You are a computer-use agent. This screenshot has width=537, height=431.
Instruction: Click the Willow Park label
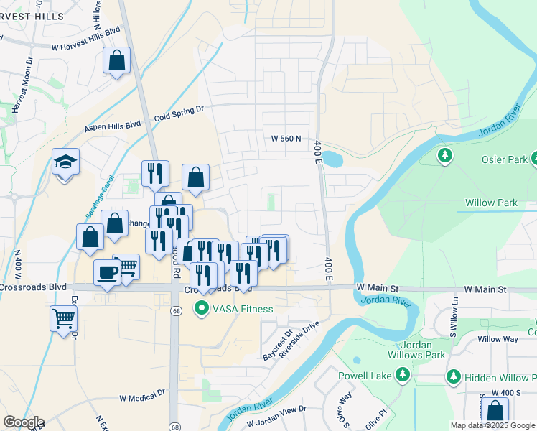click(491, 203)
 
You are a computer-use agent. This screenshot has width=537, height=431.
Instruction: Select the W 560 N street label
click(286, 139)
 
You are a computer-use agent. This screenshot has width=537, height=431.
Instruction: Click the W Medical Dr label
click(142, 397)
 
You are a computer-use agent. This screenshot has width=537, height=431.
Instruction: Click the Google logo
click(24, 422)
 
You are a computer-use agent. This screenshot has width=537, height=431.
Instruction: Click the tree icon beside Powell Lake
click(403, 375)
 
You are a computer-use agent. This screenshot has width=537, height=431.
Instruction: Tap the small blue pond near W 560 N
click(332, 158)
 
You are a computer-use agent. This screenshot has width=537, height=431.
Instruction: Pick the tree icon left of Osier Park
click(445, 155)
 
